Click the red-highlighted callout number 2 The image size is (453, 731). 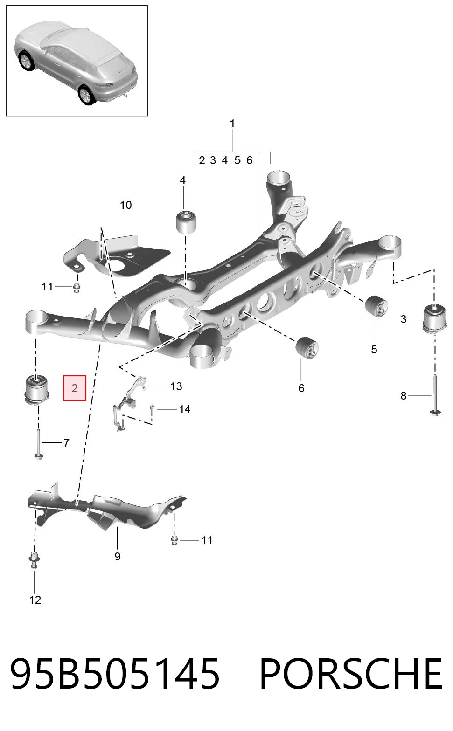point(75,388)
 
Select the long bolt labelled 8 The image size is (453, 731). point(436,395)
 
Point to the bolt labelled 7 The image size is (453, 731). point(39,444)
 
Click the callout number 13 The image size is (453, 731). point(176,386)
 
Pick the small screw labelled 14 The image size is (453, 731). point(152,410)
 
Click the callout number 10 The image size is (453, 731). point(126,205)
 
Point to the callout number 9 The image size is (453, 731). point(118,557)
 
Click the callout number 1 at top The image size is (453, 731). point(232,124)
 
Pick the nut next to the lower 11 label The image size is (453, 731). point(174,540)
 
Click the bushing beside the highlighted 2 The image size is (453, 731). point(37,389)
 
